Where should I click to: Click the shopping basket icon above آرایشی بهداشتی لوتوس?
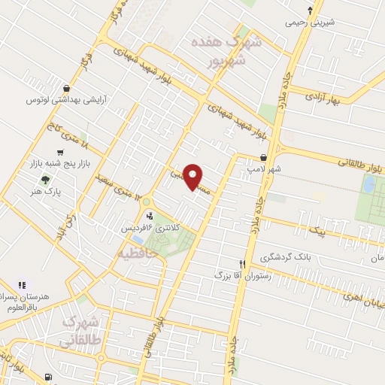67,88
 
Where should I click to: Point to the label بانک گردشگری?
285,257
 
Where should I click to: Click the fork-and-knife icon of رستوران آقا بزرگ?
242,265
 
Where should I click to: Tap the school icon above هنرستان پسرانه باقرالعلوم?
22,285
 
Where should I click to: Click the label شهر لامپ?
265,170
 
